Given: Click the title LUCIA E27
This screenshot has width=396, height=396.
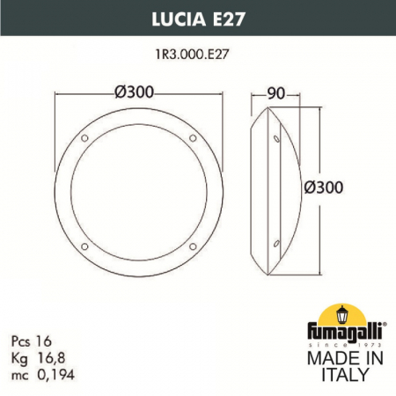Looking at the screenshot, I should click(197, 11).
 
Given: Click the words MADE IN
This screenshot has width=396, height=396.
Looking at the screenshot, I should click(342, 359).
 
